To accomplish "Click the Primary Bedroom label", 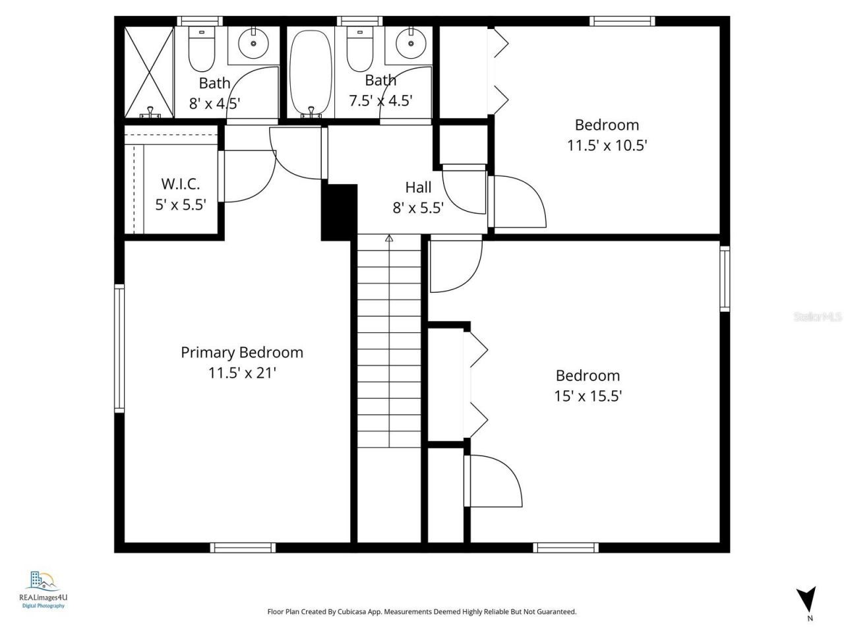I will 242,352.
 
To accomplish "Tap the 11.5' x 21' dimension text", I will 242,373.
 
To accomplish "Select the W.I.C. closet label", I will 181,184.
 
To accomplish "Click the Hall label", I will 418,187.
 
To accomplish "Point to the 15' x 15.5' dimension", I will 588,396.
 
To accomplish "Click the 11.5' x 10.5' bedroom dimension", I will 607,146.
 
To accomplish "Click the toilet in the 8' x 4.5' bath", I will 201,49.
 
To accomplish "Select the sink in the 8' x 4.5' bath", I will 253,45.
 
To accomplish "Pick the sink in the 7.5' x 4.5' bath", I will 411,45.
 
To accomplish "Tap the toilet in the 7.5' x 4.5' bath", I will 359,49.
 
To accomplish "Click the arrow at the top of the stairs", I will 389,239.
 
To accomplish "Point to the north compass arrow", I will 806,599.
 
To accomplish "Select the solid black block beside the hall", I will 339,212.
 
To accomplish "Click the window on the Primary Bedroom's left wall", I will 119,347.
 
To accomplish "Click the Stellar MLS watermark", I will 818,317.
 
